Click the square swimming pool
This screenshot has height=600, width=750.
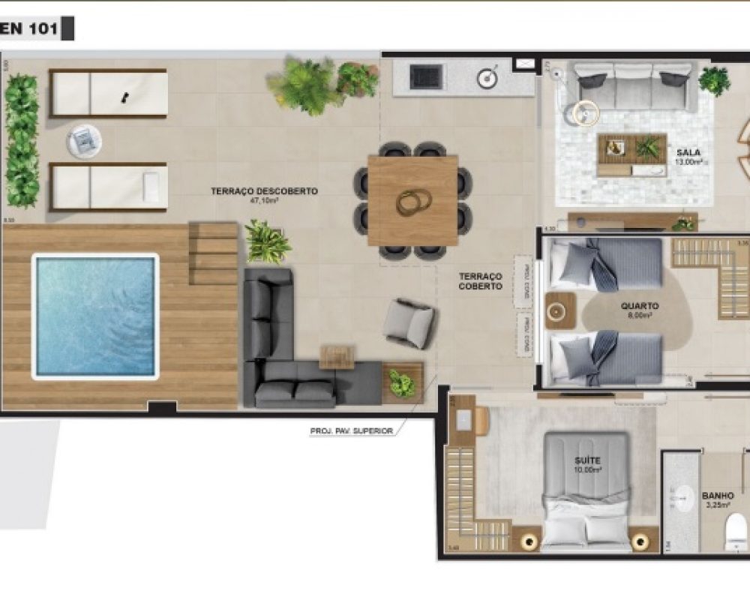95,316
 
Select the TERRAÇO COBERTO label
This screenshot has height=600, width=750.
481,281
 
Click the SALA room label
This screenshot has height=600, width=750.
688,151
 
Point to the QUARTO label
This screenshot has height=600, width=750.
640,306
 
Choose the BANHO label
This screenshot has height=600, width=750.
718,496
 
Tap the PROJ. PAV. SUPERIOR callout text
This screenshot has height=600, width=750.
351,431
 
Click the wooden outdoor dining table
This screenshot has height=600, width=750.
413,200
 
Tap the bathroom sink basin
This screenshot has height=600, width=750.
683,496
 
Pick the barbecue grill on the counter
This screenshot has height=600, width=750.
426,75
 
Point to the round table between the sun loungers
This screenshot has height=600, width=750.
84,139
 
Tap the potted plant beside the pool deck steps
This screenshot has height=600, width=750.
266,241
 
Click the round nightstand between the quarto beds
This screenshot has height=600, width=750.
559,310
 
